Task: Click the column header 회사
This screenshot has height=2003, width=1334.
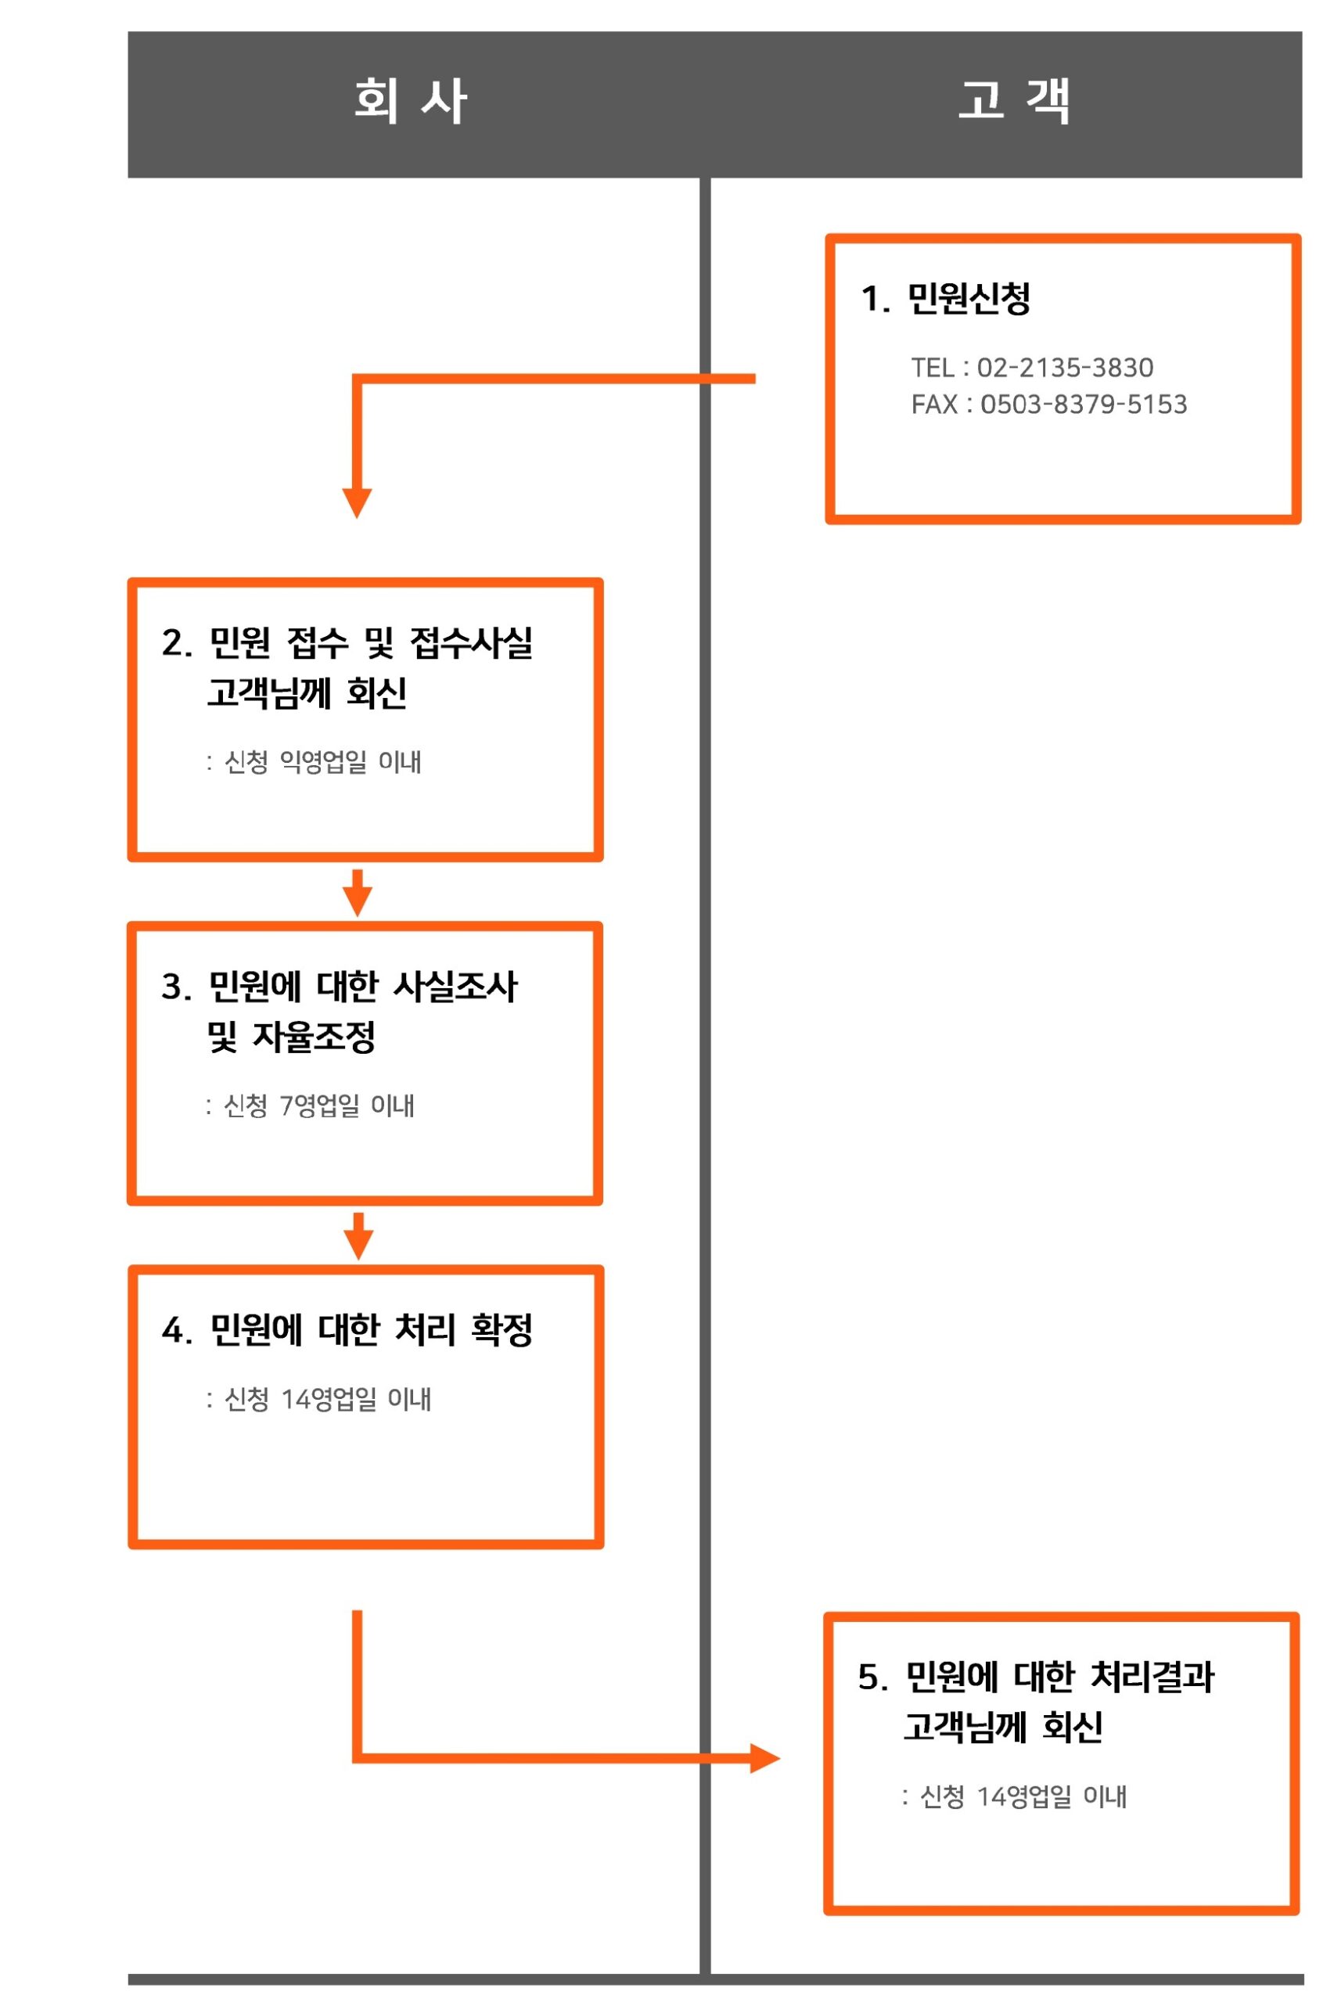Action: [x=410, y=101]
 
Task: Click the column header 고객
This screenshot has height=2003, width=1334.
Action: [x=1013, y=101]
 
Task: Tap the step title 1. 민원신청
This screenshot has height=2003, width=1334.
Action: [x=945, y=299]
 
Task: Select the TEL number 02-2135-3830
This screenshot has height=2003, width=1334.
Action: [x=1064, y=368]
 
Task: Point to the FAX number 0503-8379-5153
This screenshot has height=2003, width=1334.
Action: [x=1083, y=404]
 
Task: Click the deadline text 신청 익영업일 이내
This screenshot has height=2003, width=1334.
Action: [x=322, y=761]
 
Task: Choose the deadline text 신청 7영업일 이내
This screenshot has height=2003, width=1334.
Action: [x=319, y=1106]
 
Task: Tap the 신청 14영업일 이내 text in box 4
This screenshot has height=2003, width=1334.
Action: [x=328, y=1399]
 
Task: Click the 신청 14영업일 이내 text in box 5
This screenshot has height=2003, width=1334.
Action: [x=1023, y=1796]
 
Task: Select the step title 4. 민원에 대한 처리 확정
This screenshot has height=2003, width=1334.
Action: [x=347, y=1330]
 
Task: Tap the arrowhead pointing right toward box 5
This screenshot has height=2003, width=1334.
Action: [x=765, y=1758]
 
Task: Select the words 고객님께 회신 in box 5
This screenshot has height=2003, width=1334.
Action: [x=1003, y=1728]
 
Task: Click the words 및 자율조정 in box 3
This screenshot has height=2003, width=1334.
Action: [x=291, y=1037]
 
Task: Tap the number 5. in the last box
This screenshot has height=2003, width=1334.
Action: [x=873, y=1678]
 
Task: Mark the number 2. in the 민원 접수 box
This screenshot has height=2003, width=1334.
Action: [x=176, y=644]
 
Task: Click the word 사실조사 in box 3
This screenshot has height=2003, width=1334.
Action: [x=455, y=987]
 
